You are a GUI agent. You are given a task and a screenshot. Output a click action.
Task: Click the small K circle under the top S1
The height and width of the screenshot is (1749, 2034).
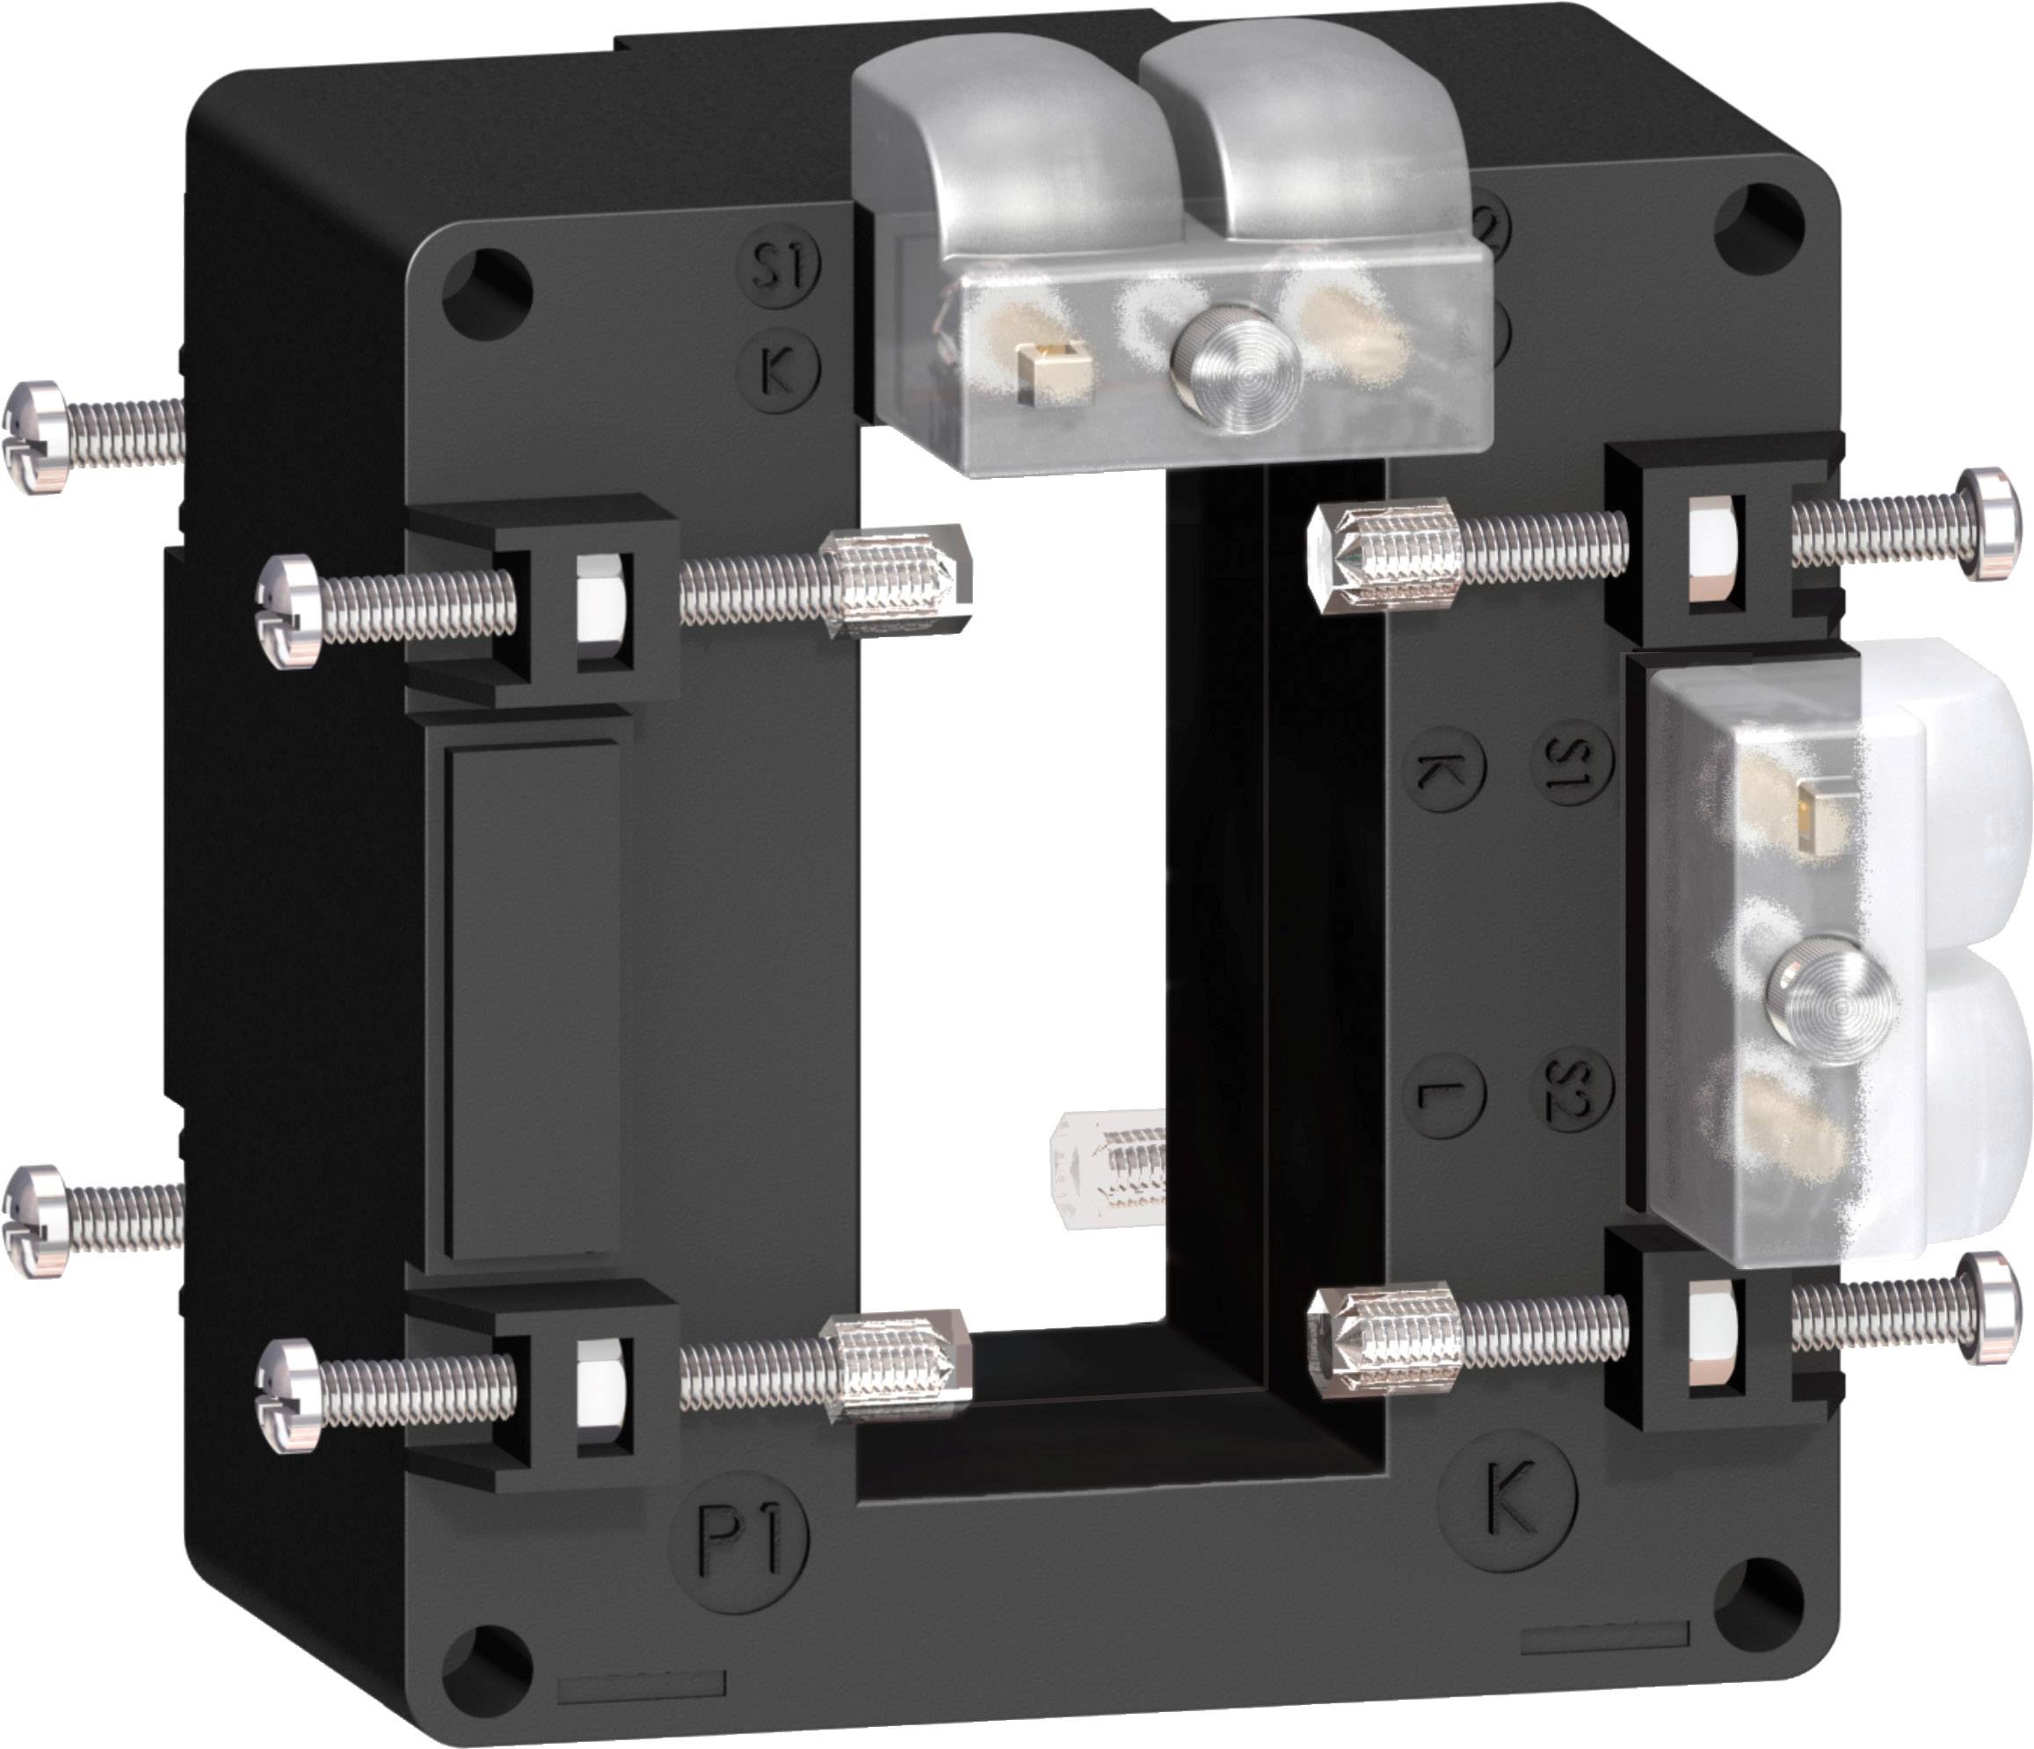coord(776,370)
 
